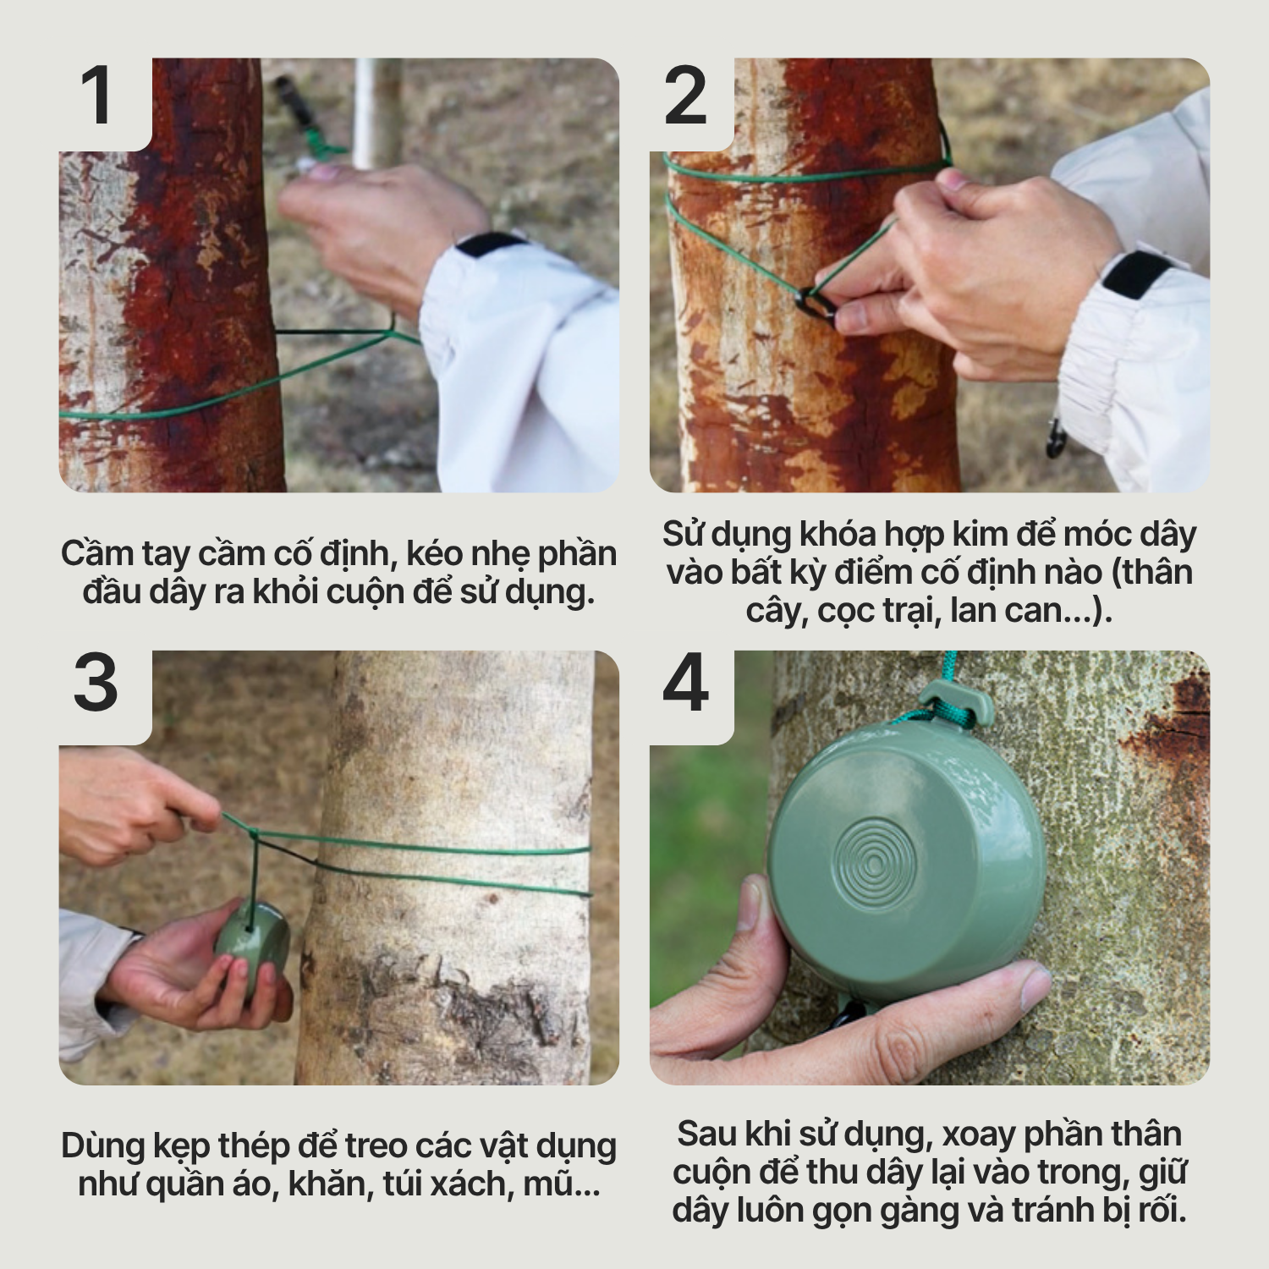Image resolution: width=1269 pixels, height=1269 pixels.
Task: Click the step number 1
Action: pos(96,95)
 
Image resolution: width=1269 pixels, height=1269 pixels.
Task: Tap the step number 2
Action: pos(686,95)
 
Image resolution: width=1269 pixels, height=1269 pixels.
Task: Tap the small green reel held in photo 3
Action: pos(252,940)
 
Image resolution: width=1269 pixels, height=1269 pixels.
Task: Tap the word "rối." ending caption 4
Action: pos(1162,1210)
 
